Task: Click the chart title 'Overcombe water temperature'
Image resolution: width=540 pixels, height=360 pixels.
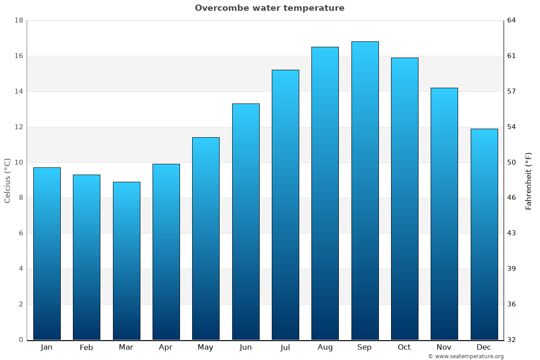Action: (270, 8)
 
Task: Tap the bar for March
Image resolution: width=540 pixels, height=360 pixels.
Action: (126, 261)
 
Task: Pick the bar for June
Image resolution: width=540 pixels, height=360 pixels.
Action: (246, 221)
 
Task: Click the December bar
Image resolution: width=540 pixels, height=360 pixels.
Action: (484, 234)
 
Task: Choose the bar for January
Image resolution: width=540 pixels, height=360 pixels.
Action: (47, 253)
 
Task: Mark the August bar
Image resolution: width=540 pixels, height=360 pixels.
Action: (325, 193)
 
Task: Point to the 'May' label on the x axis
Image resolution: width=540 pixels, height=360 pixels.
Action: (206, 347)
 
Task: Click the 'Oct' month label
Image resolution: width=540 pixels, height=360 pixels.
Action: (404, 347)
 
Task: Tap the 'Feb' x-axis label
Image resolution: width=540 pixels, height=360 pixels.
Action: (86, 347)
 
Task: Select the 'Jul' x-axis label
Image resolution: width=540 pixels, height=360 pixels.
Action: (285, 347)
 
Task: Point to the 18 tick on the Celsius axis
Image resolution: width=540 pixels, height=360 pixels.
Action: (18, 21)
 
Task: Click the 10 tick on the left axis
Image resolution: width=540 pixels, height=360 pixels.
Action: (18, 162)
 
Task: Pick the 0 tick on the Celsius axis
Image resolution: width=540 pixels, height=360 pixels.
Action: (21, 340)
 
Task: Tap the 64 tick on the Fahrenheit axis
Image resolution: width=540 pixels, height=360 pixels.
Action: (512, 21)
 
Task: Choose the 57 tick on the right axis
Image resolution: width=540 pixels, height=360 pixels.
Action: (512, 91)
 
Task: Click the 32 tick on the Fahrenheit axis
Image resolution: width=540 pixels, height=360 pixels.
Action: (512, 340)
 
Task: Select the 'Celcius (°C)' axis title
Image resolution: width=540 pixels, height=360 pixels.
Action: (8, 180)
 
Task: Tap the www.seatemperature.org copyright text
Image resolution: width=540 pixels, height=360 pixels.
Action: (466, 356)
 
